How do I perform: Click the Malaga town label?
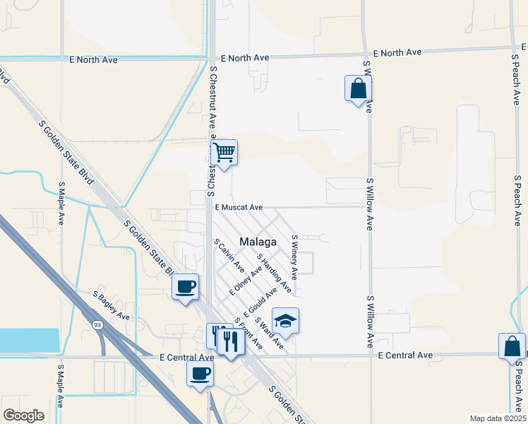tap(258, 242)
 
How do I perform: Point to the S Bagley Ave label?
tap(112, 304)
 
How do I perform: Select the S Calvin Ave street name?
tap(229, 256)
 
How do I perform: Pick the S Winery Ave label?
tap(295, 257)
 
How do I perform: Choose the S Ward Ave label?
tap(270, 332)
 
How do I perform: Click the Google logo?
tap(23, 416)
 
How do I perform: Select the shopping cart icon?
tap(224, 152)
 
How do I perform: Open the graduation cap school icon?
tap(285, 322)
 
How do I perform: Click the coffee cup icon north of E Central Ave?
tap(186, 286)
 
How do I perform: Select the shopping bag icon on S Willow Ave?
tap(358, 88)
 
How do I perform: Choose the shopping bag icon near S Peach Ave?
tap(512, 346)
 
